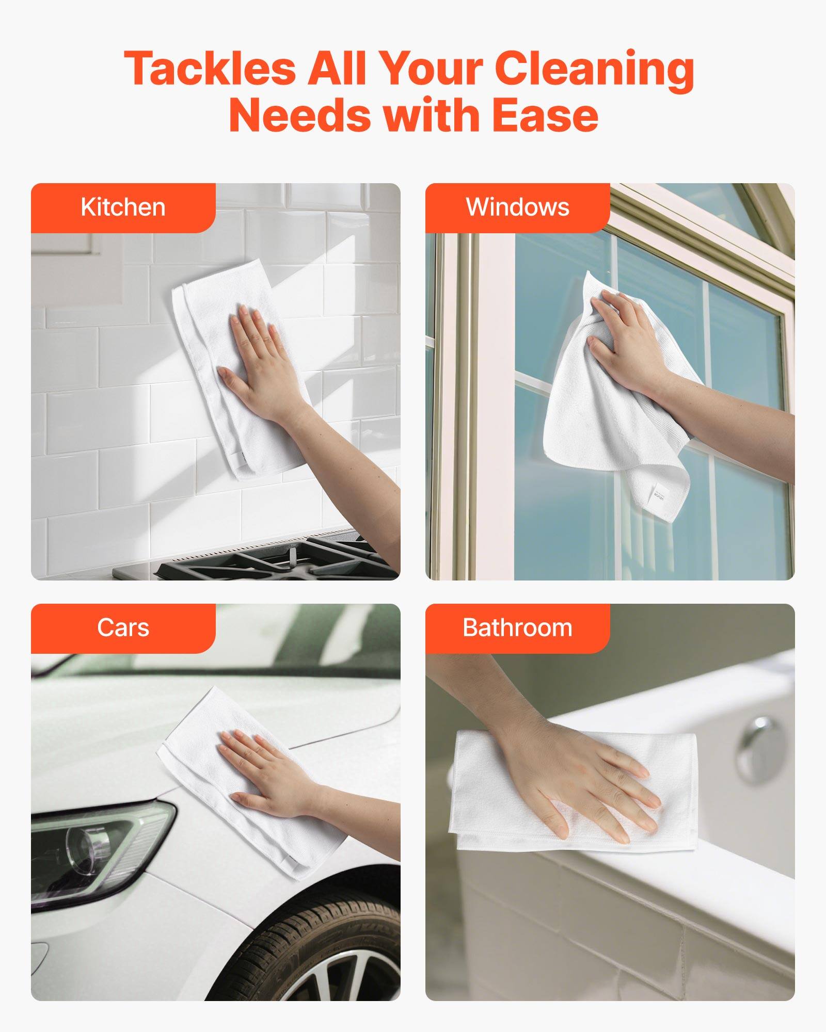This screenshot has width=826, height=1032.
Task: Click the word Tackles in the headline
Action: coord(210,69)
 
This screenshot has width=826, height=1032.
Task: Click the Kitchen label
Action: coord(123,207)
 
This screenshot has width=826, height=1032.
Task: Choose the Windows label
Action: coord(517,207)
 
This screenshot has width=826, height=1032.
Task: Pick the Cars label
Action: coord(123,628)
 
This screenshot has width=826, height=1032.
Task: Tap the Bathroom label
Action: coord(517,628)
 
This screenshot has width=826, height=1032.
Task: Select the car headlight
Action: coord(98,846)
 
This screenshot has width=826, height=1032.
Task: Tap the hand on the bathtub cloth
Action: coord(583,774)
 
